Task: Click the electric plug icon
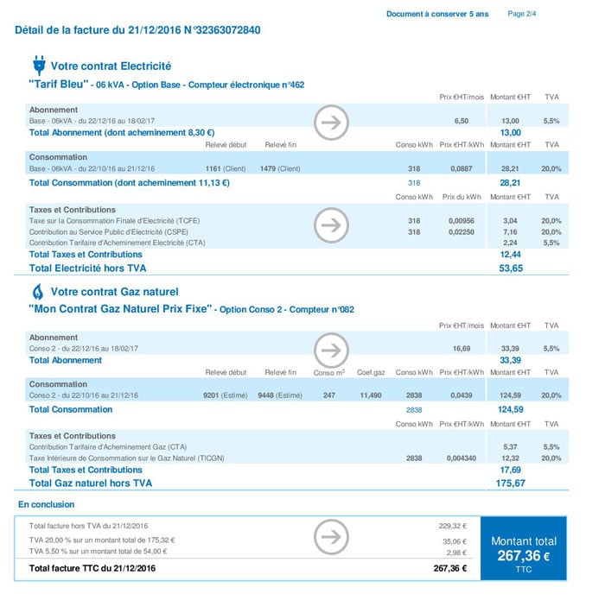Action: pyautogui.click(x=38, y=66)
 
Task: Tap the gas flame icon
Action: pyautogui.click(x=38, y=291)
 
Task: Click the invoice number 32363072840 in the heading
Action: pyautogui.click(x=221, y=30)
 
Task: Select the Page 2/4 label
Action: pyautogui.click(x=522, y=14)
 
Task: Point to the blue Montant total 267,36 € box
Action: pyautogui.click(x=523, y=549)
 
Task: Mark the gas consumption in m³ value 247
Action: pyautogui.click(x=328, y=395)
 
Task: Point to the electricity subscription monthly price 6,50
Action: pyautogui.click(x=461, y=122)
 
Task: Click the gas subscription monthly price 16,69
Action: pyautogui.click(x=459, y=349)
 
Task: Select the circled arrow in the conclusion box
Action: pyautogui.click(x=329, y=536)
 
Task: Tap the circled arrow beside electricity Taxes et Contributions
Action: pyautogui.click(x=329, y=225)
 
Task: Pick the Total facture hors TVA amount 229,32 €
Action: pyautogui.click(x=452, y=525)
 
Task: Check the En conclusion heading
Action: pyautogui.click(x=47, y=503)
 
